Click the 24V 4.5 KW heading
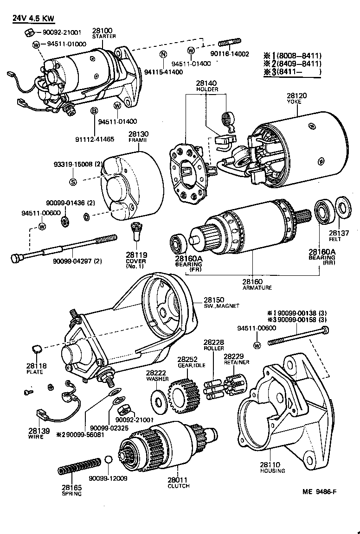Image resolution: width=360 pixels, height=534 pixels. coord(33,19)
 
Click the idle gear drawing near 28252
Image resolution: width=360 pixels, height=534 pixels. coord(184,395)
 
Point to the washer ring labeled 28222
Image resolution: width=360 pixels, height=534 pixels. coord(158,399)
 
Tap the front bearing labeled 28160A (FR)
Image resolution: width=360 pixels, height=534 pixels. coord(177,242)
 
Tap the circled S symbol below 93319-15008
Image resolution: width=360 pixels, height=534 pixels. coord(73,182)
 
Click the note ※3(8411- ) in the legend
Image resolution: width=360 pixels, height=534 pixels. coord(292,72)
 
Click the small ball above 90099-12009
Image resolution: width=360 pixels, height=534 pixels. coord(108,459)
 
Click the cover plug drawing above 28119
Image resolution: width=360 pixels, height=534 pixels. coord(135,229)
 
